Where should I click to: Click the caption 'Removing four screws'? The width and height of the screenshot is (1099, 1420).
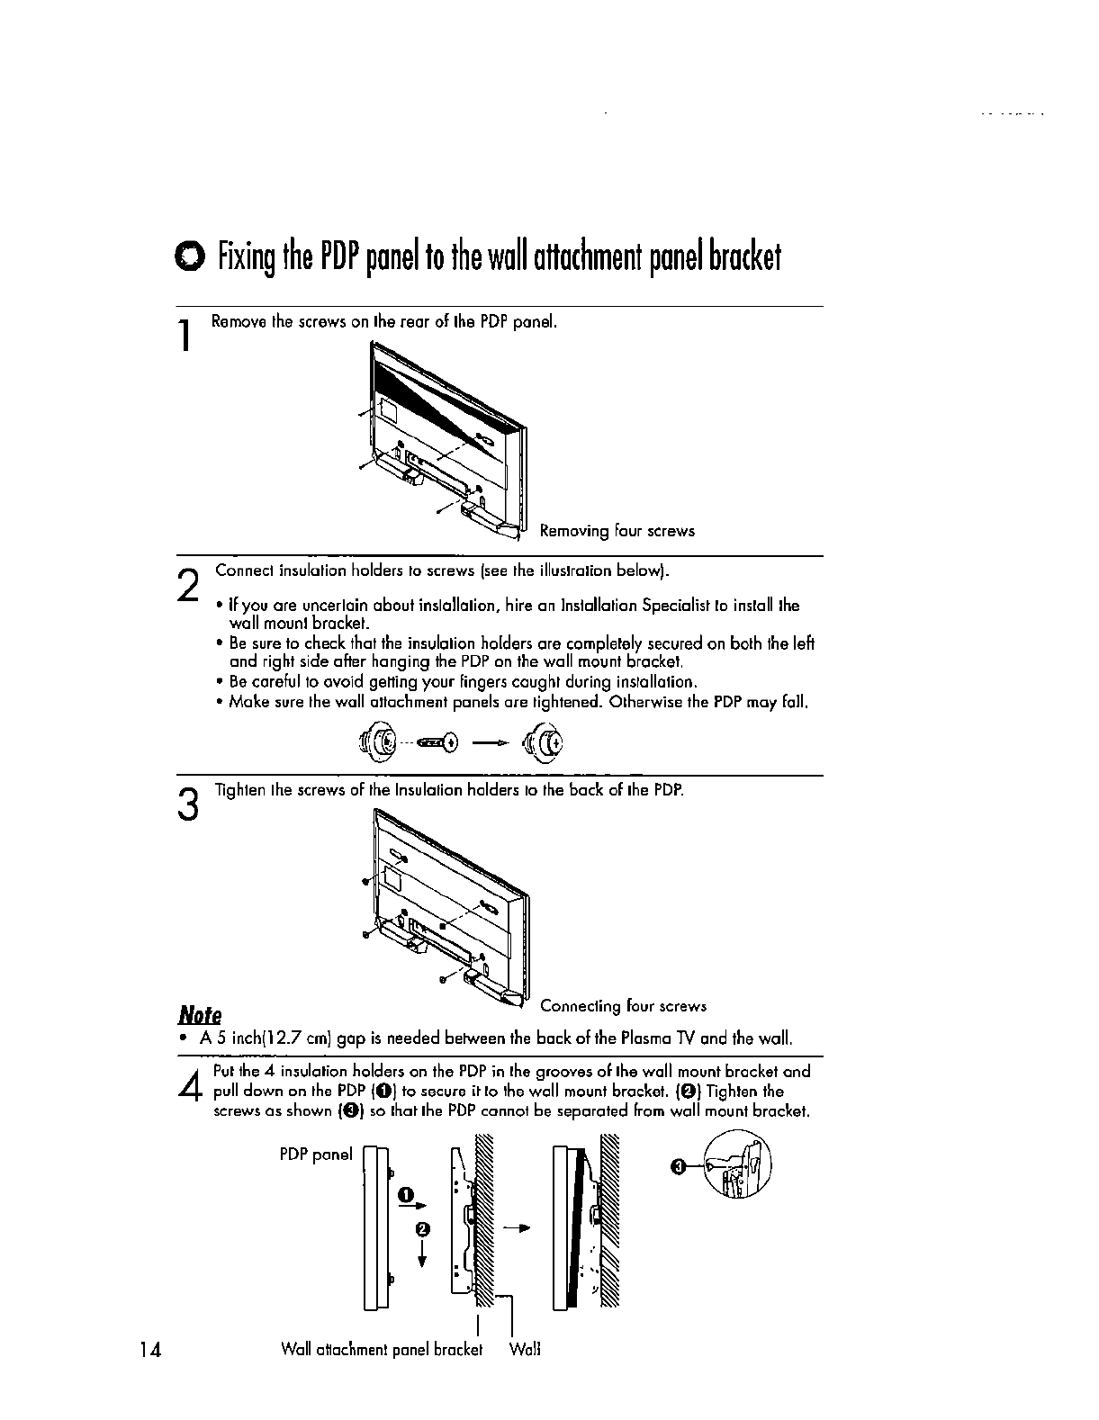pos(617,531)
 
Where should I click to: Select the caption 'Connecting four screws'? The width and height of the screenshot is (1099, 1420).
pos(623,1006)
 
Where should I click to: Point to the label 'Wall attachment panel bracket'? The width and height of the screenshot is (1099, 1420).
pos(382,1350)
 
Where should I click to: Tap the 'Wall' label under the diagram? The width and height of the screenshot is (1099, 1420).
pos(524,1350)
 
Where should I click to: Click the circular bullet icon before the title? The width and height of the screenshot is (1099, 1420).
pos(191,258)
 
